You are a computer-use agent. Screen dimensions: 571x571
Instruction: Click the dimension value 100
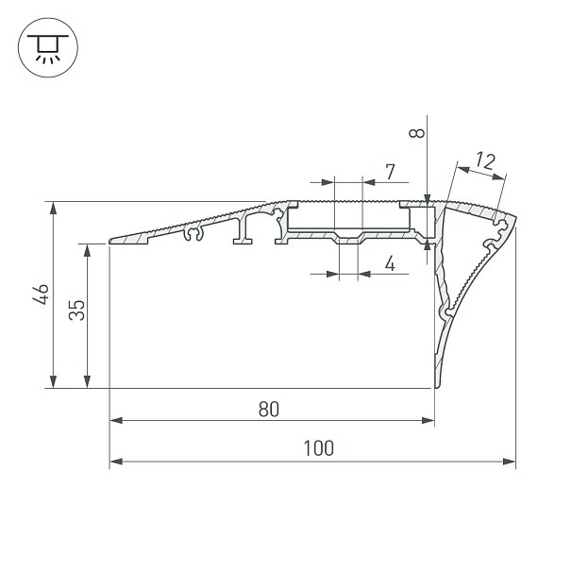tap(319, 448)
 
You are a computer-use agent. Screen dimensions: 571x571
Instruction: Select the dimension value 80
tap(269, 409)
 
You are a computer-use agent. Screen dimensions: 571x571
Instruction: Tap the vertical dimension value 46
tap(41, 294)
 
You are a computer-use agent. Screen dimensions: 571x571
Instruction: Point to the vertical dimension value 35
tap(76, 310)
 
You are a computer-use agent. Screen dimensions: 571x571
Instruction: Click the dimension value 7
tap(390, 172)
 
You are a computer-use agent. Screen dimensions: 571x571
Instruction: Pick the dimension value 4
tap(390, 263)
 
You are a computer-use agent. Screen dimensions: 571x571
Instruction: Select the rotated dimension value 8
tap(417, 133)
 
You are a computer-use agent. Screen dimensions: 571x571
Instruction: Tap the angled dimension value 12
tap(485, 161)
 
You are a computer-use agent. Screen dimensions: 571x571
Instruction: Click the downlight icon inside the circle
tap(48, 48)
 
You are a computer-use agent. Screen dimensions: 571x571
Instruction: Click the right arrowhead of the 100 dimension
tap(510, 462)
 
